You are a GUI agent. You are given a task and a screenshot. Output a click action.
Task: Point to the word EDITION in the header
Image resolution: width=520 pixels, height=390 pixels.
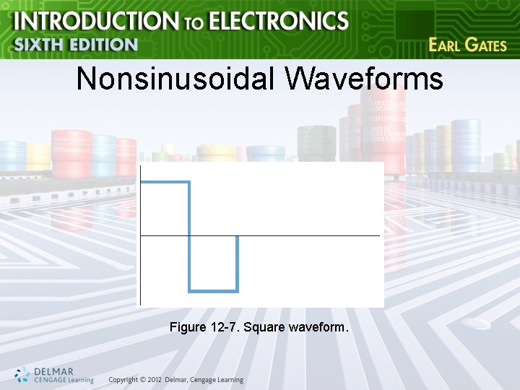coord(103,44)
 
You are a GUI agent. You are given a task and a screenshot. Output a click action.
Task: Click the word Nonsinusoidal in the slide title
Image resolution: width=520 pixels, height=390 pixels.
coord(175,79)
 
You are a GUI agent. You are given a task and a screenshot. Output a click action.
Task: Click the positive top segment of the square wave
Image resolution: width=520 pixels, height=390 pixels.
coord(165,183)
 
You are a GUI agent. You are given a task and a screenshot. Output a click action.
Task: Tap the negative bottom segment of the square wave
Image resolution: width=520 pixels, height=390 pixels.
coord(214,291)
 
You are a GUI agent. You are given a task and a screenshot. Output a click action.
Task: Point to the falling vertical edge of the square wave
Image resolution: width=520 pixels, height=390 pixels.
coord(189,237)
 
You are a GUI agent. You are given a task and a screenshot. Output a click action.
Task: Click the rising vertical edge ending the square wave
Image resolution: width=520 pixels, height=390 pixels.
coord(238,264)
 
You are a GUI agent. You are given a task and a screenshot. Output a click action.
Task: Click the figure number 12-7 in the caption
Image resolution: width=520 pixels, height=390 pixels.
coord(226,328)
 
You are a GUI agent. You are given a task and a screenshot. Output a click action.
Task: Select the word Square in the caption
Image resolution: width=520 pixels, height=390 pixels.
coord(264,328)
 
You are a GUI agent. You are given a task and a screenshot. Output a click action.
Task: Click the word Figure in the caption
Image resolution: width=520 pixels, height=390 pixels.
coord(186,328)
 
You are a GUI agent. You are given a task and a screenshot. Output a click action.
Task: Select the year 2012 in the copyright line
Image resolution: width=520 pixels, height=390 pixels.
coord(152,380)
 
